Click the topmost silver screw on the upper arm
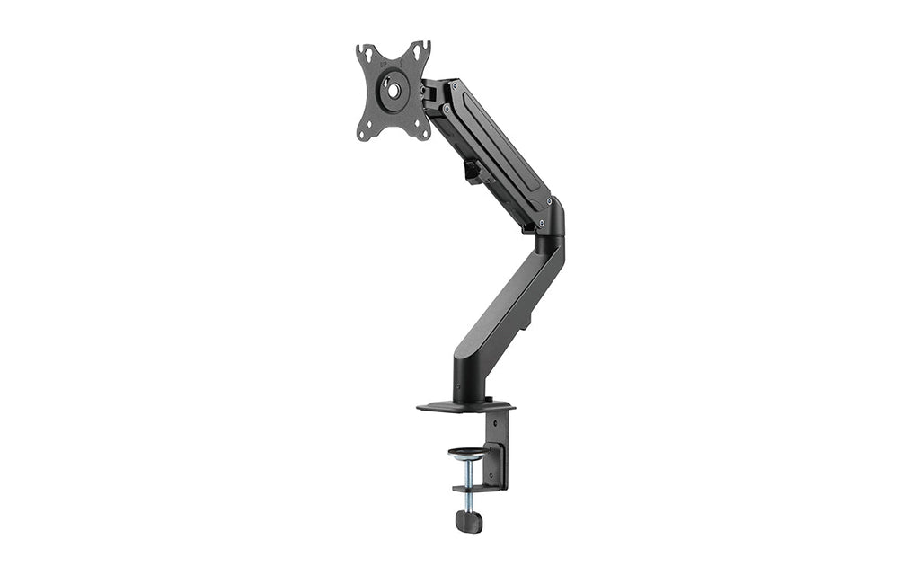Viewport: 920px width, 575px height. point(453,86)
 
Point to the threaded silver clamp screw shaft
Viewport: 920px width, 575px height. point(467,472)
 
